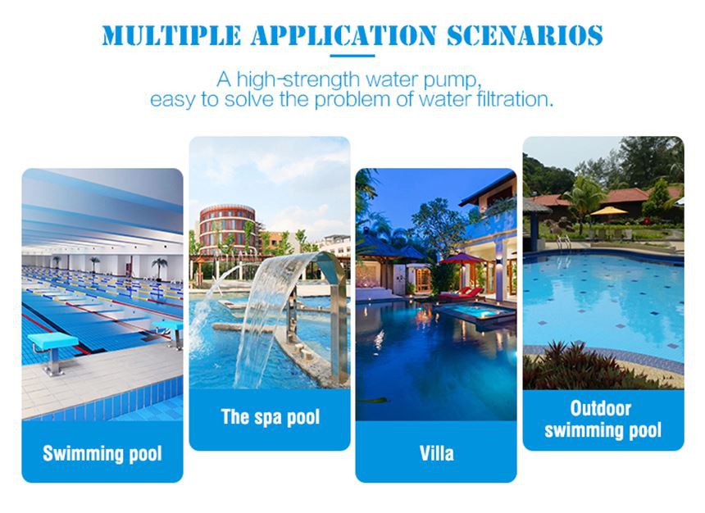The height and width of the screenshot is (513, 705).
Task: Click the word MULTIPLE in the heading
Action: (x=167, y=35)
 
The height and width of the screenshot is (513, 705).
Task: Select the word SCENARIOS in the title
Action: (x=525, y=35)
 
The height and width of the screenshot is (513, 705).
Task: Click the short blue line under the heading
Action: (x=352, y=56)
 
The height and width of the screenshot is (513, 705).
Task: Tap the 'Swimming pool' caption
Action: (x=102, y=453)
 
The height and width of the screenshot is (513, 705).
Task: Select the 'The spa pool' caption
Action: (x=270, y=417)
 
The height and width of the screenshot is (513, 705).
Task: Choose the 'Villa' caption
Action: (x=436, y=452)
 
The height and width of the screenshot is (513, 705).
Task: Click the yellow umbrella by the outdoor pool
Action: (x=609, y=211)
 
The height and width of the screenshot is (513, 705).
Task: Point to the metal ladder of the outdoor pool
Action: (x=564, y=241)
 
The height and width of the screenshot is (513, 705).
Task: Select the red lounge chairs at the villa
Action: (x=464, y=293)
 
